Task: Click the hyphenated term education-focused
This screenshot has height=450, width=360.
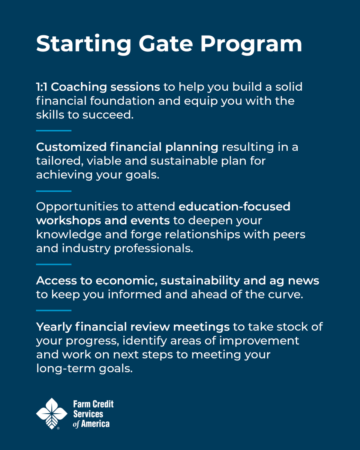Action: pos(234,207)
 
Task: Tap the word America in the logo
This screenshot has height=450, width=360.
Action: pos(95,424)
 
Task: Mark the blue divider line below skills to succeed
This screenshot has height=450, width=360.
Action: pos(54,130)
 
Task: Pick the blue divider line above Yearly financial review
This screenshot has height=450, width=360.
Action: pos(54,310)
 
